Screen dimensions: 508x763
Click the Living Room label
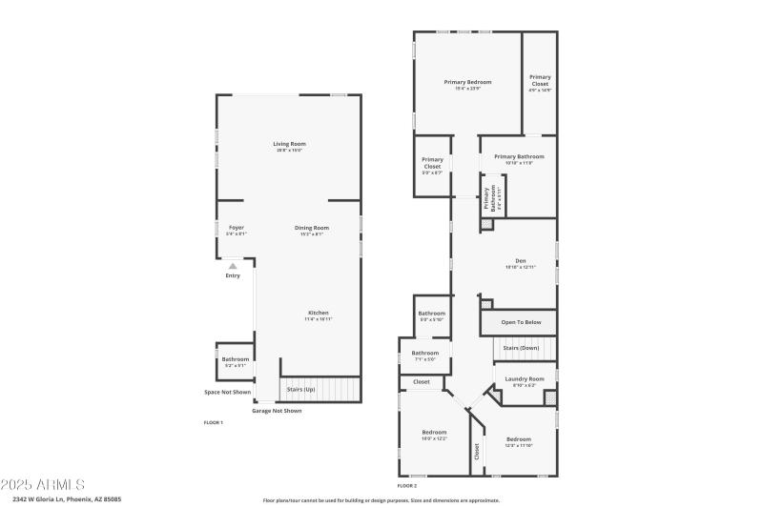click(x=289, y=144)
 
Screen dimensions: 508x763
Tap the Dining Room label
click(x=312, y=227)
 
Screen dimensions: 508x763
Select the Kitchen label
click(x=318, y=314)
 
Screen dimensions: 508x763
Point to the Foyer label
click(x=236, y=227)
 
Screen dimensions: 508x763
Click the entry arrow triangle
click(x=233, y=266)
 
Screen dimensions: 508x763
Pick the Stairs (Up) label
click(x=300, y=389)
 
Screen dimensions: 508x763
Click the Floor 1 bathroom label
click(x=236, y=359)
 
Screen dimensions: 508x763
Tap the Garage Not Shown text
click(x=277, y=411)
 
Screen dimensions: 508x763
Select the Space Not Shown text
click(x=228, y=392)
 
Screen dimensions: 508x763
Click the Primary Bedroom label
click(x=467, y=82)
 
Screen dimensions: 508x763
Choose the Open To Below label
click(x=521, y=322)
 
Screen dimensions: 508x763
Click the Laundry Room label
click(x=525, y=378)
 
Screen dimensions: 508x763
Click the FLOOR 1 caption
click(x=213, y=421)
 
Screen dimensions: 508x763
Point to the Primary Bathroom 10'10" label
click(x=519, y=156)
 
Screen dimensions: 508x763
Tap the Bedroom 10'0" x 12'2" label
click(x=434, y=432)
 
